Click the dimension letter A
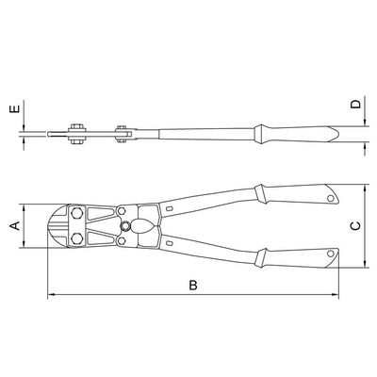pos(15,225)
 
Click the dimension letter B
pos(193,286)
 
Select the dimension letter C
pos(355,225)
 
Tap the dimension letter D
pos(356,105)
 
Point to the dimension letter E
pos(15,108)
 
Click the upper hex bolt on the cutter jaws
pos(76,214)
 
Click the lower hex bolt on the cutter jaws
pos(76,238)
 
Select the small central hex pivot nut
pos(125,226)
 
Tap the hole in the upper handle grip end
pos(331,198)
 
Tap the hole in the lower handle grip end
pos(331,254)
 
